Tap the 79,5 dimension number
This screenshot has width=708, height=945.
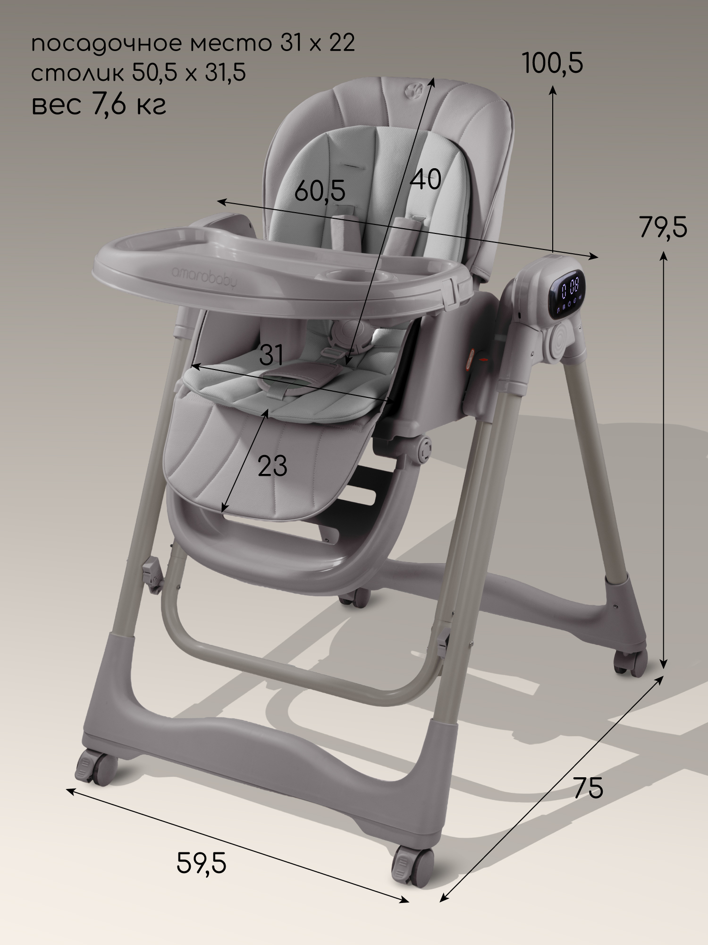663,227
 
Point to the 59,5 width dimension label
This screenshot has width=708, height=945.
202,863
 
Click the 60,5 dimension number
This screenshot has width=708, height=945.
320,191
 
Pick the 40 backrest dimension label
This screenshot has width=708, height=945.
426,179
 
